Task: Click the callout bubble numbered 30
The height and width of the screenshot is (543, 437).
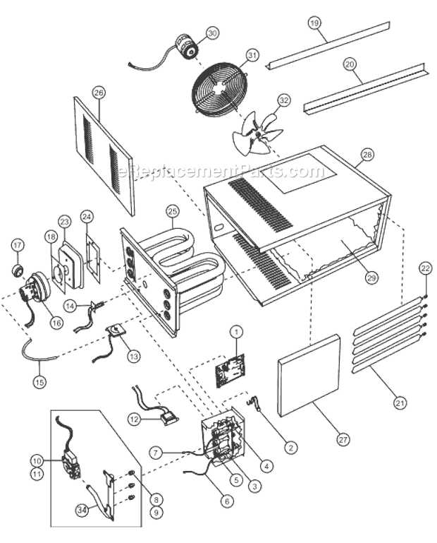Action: point(212,33)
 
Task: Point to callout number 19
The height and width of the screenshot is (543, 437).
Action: point(314,22)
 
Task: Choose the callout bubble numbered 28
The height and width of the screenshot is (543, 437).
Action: point(367,154)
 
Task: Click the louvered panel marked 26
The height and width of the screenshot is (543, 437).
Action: point(104,152)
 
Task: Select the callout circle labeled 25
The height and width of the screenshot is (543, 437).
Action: point(173,210)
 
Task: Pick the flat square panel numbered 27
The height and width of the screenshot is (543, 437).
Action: point(310,378)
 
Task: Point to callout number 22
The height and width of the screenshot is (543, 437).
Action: point(424,268)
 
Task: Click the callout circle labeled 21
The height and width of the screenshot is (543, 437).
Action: point(400,403)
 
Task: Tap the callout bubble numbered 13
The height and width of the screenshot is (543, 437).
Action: point(133,357)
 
